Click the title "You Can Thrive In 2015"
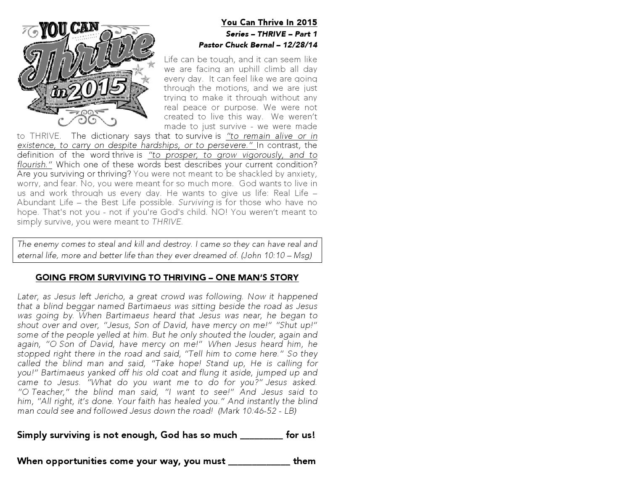tap(269, 22)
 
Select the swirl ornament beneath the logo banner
tap(87, 118)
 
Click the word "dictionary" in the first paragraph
tap(110, 136)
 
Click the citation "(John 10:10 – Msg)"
tap(276, 255)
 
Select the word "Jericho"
tap(110, 296)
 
